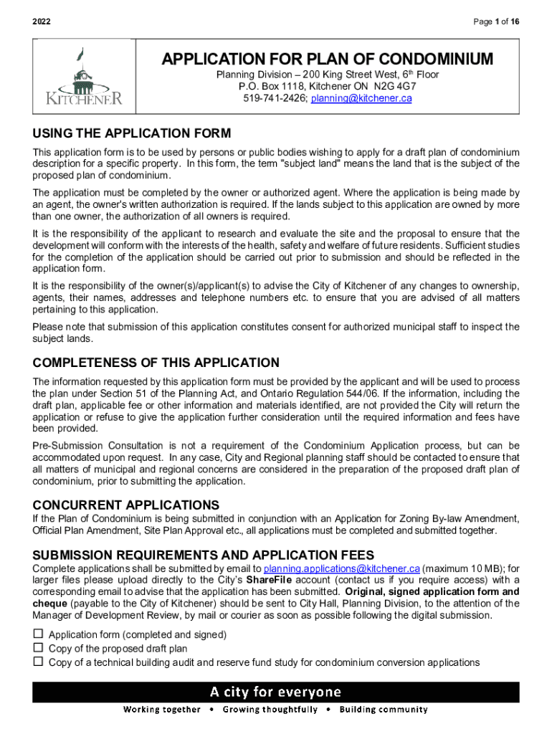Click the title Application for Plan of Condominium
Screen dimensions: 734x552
[328, 59]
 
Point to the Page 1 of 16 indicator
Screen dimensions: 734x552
[496, 22]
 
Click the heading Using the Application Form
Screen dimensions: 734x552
[132, 134]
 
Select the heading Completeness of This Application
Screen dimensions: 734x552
[156, 363]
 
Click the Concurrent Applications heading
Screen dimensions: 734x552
[126, 505]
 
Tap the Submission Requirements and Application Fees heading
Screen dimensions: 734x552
[204, 555]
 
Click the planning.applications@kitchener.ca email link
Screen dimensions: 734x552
[341, 568]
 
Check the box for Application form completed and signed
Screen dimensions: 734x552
[38, 634]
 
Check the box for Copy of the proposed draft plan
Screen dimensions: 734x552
[38, 648]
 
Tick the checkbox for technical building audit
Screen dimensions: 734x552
[38, 662]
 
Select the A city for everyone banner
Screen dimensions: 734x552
[276, 692]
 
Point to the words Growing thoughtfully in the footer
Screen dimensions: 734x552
[270, 710]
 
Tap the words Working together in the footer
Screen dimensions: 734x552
[162, 710]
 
